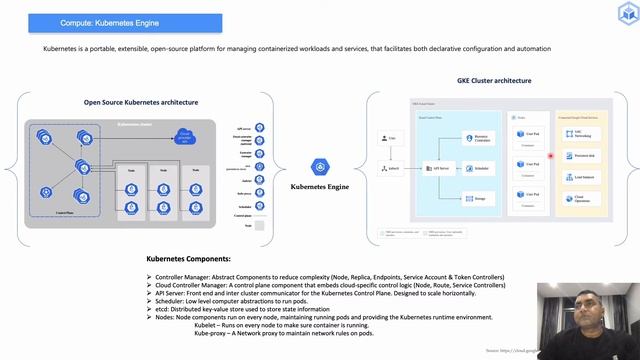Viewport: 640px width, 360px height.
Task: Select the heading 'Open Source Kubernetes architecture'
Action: point(141,102)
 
